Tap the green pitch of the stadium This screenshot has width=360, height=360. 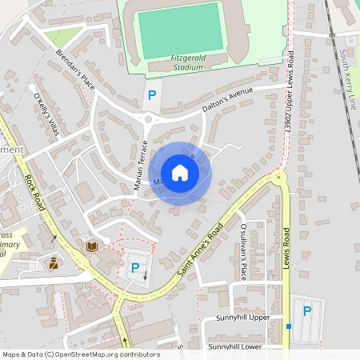click(181, 30)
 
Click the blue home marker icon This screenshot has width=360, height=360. click(180, 172)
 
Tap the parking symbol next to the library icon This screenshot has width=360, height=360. click(134, 269)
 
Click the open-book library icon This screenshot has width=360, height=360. click(92, 246)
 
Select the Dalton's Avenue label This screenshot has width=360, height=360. click(227, 98)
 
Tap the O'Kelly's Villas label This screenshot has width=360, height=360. click(46, 114)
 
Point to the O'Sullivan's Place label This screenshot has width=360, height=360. click(243, 251)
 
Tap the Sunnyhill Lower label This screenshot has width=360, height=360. click(235, 347)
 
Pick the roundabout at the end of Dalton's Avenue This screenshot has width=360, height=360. click(150, 120)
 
